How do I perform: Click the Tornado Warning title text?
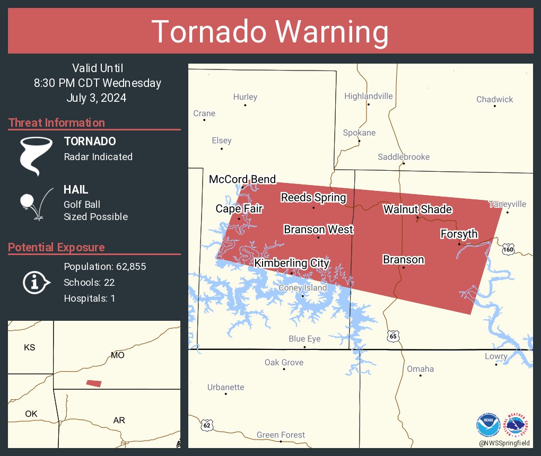tap(270, 32)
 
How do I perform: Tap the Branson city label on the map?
tap(403, 260)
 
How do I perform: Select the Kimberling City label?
tap(292, 263)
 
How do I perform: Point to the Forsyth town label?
tap(459, 234)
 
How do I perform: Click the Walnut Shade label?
tap(417, 209)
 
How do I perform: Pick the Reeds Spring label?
tap(313, 198)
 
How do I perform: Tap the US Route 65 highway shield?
tap(392, 336)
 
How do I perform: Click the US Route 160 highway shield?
tap(508, 249)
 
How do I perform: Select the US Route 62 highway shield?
tap(207, 425)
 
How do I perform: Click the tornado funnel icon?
tap(36, 155)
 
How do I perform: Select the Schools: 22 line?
tap(89, 283)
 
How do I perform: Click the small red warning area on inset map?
tap(94, 383)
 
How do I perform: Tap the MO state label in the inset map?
tap(118, 355)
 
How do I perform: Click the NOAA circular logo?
tap(487, 425)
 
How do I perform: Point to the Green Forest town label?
tap(281, 435)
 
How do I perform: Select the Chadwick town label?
tap(494, 99)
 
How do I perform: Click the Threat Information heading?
tap(57, 122)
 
